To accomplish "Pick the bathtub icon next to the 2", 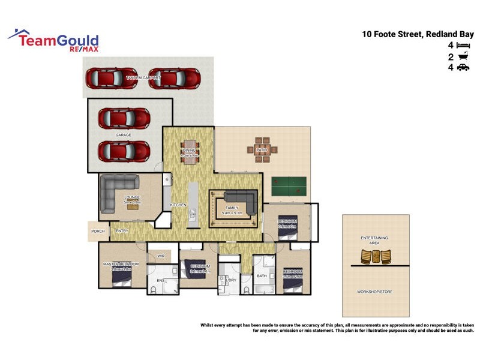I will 462,57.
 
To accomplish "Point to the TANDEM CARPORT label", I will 139,78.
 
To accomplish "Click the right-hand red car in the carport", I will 174,77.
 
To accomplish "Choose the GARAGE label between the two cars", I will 124,136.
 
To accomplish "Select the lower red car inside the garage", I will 124,150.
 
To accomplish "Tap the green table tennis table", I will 287,186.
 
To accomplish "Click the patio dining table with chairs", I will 262,152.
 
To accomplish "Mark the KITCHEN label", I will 178,205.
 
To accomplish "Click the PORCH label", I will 98,231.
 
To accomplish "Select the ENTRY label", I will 122,231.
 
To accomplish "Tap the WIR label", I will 161,256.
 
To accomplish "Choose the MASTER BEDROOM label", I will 121,264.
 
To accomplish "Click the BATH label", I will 262,277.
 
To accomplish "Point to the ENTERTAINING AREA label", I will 374,241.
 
